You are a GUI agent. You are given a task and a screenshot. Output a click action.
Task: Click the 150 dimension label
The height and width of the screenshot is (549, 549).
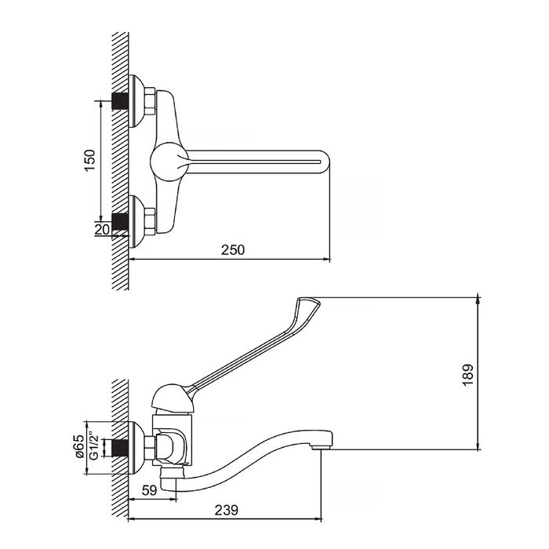90,160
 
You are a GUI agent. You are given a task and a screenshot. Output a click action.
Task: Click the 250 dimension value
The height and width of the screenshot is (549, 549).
233,250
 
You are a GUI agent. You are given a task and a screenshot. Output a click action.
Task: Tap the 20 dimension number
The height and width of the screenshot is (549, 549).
102,230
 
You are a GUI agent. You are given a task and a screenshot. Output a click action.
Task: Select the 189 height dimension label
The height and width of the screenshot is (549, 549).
467,375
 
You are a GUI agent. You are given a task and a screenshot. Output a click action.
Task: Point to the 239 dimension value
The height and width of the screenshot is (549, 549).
227,510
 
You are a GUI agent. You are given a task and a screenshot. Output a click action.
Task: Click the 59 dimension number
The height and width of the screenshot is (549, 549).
150,490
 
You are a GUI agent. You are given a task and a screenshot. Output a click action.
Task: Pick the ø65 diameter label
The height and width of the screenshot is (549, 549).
79,446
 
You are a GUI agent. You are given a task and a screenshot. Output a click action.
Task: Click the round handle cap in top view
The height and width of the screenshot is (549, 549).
169,162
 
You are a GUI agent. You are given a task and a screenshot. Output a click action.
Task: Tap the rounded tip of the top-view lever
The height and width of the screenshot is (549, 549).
325,162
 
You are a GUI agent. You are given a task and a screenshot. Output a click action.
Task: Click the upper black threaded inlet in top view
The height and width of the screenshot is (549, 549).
120,101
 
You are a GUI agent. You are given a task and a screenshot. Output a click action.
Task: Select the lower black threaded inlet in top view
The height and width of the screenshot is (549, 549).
120,222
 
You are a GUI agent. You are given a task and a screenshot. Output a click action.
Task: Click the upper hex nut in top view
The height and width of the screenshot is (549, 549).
150,100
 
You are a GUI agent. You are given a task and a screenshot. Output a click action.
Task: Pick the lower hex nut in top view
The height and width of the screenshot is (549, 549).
150,221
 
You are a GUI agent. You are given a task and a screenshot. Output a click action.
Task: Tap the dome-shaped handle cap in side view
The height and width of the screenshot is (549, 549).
173,398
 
